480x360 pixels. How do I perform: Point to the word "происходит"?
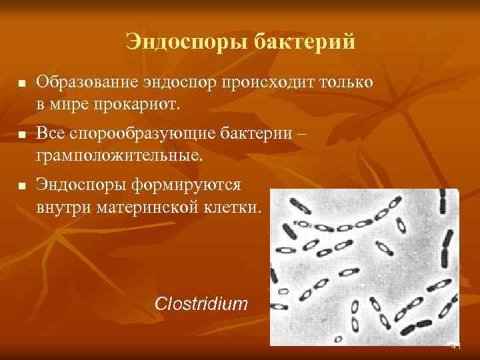click(259, 83)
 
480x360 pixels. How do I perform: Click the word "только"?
click(343, 83)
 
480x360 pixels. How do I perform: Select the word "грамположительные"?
click(117, 156)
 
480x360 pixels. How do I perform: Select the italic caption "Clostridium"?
click(201, 304)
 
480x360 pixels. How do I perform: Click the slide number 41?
click(456, 347)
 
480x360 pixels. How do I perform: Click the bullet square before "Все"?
click(21, 135)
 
